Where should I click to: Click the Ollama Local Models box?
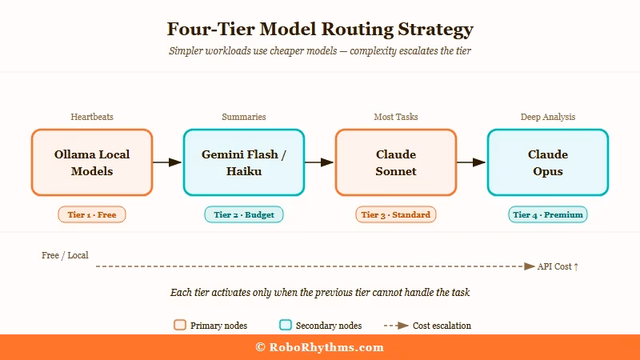(x=92, y=162)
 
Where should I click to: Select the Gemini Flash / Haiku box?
(x=244, y=162)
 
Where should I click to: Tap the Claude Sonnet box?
(x=396, y=162)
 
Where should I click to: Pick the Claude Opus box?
(x=548, y=162)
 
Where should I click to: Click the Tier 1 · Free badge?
(x=92, y=214)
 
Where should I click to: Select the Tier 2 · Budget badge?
(x=244, y=214)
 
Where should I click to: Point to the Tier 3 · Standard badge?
(x=396, y=214)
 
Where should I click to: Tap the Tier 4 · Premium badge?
(x=548, y=214)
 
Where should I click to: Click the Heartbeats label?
(x=92, y=117)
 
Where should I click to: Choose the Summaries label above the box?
(x=244, y=117)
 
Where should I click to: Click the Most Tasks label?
(x=396, y=117)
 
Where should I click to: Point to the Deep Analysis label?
(x=548, y=117)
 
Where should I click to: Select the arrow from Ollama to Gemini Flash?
(x=167, y=162)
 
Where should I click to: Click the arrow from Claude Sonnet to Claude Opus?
(x=471, y=162)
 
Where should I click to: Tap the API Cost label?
(x=558, y=266)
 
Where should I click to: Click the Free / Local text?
(x=65, y=255)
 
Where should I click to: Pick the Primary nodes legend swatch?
(x=180, y=326)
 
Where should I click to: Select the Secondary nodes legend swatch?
(x=286, y=326)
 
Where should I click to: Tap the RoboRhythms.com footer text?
(x=320, y=347)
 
